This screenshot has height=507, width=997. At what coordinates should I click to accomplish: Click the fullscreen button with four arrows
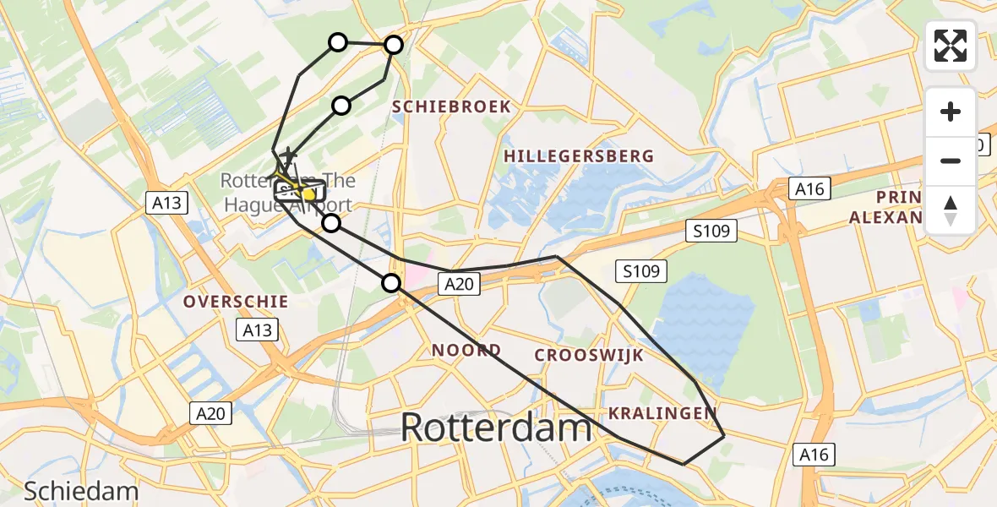click(951, 46)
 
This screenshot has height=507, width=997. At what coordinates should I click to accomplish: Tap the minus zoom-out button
click(951, 161)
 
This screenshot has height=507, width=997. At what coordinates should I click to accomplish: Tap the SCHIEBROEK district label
click(451, 106)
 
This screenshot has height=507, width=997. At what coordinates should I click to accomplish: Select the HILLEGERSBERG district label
click(578, 156)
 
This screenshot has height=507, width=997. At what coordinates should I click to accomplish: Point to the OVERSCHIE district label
click(236, 302)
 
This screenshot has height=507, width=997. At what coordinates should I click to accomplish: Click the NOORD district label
click(466, 350)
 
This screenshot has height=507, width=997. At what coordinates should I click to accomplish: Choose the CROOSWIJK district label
click(588, 355)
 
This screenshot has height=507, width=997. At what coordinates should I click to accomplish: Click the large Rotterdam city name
click(496, 428)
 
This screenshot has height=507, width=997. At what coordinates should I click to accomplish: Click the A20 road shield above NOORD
click(460, 285)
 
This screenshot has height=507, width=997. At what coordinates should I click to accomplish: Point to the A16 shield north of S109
click(808, 188)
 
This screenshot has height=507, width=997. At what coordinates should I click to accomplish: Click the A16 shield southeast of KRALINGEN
click(816, 455)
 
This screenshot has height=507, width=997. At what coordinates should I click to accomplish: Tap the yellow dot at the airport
click(308, 195)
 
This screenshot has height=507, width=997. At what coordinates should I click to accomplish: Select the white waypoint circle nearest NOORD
click(391, 283)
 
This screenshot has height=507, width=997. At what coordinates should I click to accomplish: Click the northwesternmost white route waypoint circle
click(337, 42)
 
